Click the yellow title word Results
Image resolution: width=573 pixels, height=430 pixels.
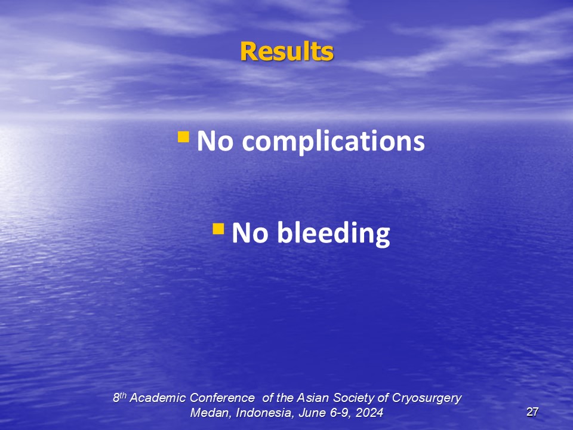287,51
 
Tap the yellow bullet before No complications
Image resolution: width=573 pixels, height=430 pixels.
183,137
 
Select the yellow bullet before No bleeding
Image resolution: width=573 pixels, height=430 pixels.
218,229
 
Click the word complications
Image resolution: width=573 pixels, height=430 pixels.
333,142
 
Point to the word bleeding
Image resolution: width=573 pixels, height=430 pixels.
334,234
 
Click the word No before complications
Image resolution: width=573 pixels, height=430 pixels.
215,141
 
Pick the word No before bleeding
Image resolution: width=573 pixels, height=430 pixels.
250,233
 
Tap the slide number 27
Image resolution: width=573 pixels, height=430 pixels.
532,412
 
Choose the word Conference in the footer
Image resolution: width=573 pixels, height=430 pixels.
222,398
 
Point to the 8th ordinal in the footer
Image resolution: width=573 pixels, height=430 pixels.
119,398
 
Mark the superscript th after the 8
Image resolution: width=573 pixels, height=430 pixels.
123,395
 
